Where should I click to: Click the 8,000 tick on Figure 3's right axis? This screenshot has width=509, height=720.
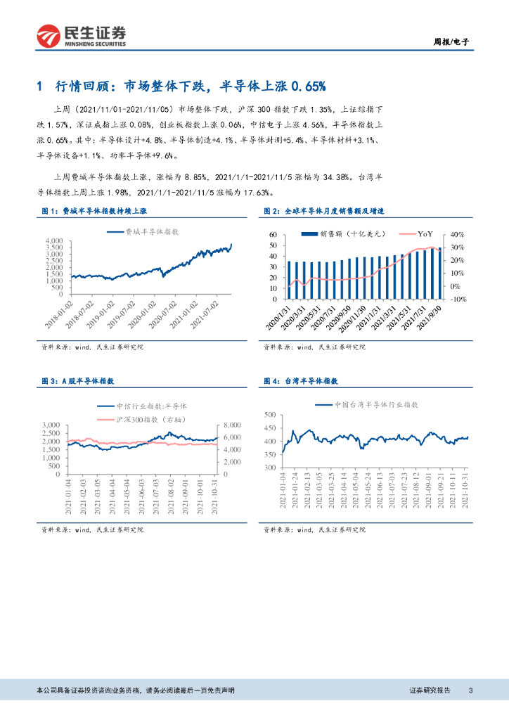click(232, 425)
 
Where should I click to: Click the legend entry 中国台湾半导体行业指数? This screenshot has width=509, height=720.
click(377, 405)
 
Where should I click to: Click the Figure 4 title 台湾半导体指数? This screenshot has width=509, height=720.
click(309, 380)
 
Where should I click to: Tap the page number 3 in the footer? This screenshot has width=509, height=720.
click(470, 690)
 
